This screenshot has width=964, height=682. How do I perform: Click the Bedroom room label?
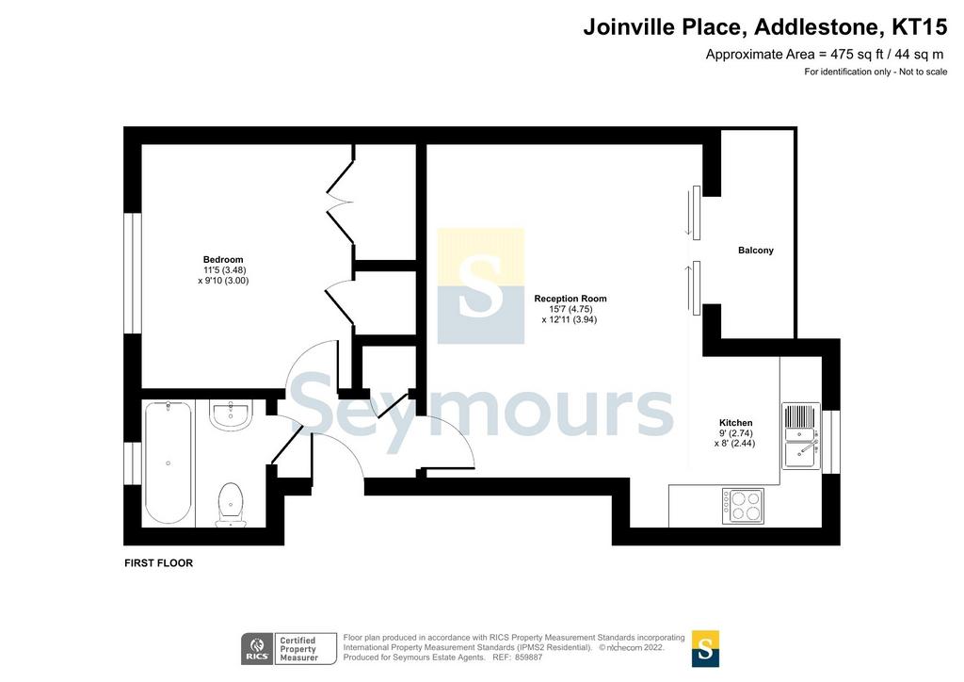pos(223,259)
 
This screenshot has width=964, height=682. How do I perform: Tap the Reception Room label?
pos(570,299)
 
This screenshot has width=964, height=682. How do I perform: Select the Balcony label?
pos(756,251)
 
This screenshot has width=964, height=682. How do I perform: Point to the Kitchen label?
pos(735,423)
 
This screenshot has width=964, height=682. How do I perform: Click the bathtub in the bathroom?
pos(168,463)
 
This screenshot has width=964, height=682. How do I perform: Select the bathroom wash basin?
pos(231,414)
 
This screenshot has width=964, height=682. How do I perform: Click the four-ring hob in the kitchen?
pos(744,506)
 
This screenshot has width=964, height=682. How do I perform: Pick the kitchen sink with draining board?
pos(800,436)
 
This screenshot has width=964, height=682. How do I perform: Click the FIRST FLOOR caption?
pos(158,562)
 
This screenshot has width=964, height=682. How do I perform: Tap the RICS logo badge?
pos(257,649)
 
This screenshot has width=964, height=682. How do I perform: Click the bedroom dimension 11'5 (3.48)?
pos(225,270)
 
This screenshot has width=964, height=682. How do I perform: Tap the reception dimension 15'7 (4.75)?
pos(571,309)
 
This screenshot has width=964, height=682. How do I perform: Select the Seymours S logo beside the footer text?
pos(705,649)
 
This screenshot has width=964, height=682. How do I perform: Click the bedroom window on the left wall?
pos(133,274)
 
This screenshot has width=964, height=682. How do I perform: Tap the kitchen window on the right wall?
pos(831,442)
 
